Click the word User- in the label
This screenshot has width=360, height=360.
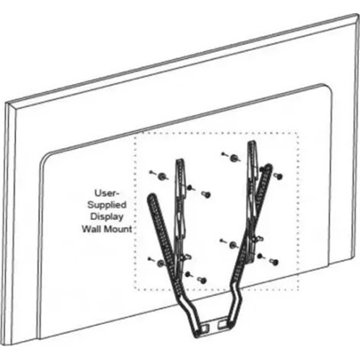tap(107, 193)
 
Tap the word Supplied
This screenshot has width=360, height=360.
tap(107, 205)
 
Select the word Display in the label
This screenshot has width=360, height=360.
tap(107, 217)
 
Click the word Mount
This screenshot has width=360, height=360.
tap(118, 229)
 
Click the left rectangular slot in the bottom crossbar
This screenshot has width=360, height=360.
tap(205, 328)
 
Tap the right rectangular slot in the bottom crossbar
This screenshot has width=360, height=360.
tap(222, 324)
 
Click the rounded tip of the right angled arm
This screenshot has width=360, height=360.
tap(268, 166)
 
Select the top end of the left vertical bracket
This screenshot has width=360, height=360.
tap(180, 161)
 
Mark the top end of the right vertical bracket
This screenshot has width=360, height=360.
tap(251, 142)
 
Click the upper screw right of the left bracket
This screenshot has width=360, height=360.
tap(206, 194)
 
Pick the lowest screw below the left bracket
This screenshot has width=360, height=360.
tap(202, 280)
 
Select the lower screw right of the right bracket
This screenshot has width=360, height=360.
tap(274, 261)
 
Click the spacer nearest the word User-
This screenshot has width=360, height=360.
tap(162, 176)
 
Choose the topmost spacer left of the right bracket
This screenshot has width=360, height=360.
tap(234, 158)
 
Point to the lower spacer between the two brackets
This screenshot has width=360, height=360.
tap(233, 245)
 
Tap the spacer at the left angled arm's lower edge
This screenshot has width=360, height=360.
tap(160, 263)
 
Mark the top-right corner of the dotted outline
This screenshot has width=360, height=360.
tap(298, 133)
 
